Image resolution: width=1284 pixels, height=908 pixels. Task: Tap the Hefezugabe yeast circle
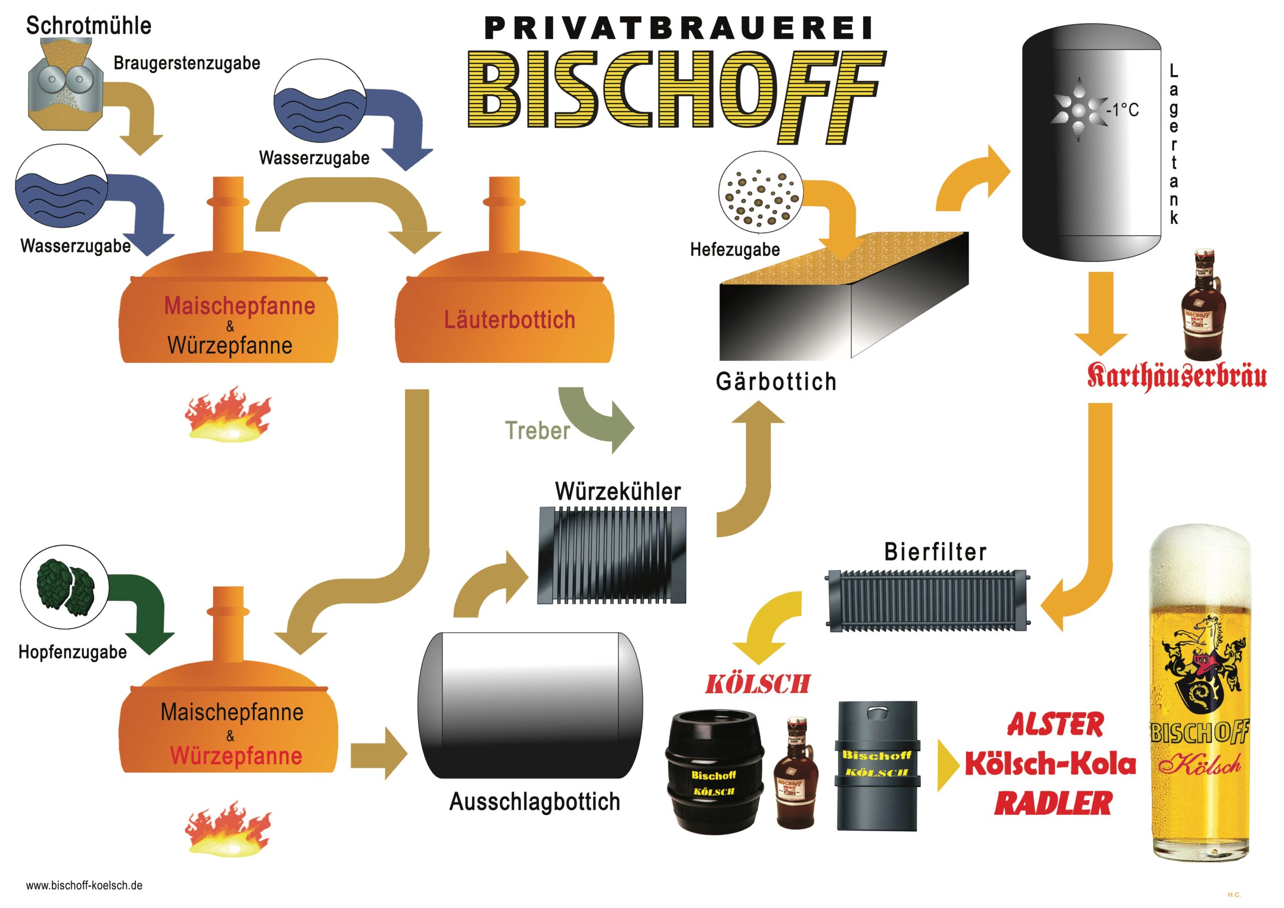click(x=760, y=192)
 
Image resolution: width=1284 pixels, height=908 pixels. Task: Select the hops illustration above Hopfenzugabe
click(x=64, y=587)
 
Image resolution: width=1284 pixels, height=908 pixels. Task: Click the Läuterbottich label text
click(x=509, y=320)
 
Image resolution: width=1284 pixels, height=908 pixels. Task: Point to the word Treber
click(x=537, y=430)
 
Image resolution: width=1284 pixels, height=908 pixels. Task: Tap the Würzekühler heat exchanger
click(x=611, y=554)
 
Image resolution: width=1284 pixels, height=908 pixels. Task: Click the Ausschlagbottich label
click(x=535, y=801)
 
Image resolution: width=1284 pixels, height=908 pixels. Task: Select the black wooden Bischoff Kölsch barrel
click(x=713, y=771)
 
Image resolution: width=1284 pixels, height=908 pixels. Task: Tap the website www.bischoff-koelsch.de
click(x=84, y=885)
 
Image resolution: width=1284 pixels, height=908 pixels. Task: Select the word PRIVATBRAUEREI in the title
click(x=678, y=28)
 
